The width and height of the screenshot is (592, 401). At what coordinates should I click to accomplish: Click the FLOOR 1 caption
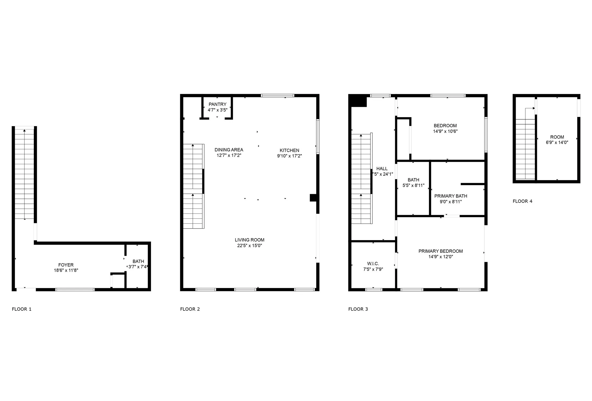pos(22,309)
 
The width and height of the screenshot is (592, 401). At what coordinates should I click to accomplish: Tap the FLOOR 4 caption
pos(522,201)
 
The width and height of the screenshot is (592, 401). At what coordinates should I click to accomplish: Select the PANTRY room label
pos(217,104)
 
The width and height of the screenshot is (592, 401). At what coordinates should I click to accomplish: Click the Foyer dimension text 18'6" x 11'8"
pos(66,270)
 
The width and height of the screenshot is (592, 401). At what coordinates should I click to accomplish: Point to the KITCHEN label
pos(289,150)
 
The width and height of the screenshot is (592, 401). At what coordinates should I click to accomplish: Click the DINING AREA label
pos(229,150)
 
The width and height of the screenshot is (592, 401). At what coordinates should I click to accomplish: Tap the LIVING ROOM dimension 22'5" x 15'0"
pos(249,246)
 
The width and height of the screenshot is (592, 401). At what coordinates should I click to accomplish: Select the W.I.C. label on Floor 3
pos(373,264)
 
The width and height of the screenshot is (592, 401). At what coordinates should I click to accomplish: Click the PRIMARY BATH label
pos(451,196)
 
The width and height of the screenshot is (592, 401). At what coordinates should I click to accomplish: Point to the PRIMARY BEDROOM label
pos(440,251)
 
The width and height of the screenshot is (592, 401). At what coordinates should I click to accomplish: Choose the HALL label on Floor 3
pos(382,169)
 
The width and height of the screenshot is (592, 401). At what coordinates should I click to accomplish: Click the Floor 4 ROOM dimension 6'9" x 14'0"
pos(557,142)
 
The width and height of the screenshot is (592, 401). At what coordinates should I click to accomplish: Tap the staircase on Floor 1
pos(25,173)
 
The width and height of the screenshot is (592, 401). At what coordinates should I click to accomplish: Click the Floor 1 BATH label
pos(138,261)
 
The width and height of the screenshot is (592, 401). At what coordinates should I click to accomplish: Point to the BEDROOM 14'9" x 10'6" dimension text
pos(445,131)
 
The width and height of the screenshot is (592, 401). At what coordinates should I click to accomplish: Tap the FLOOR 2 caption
pos(190,309)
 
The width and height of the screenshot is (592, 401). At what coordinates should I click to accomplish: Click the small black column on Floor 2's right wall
pos(313,198)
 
